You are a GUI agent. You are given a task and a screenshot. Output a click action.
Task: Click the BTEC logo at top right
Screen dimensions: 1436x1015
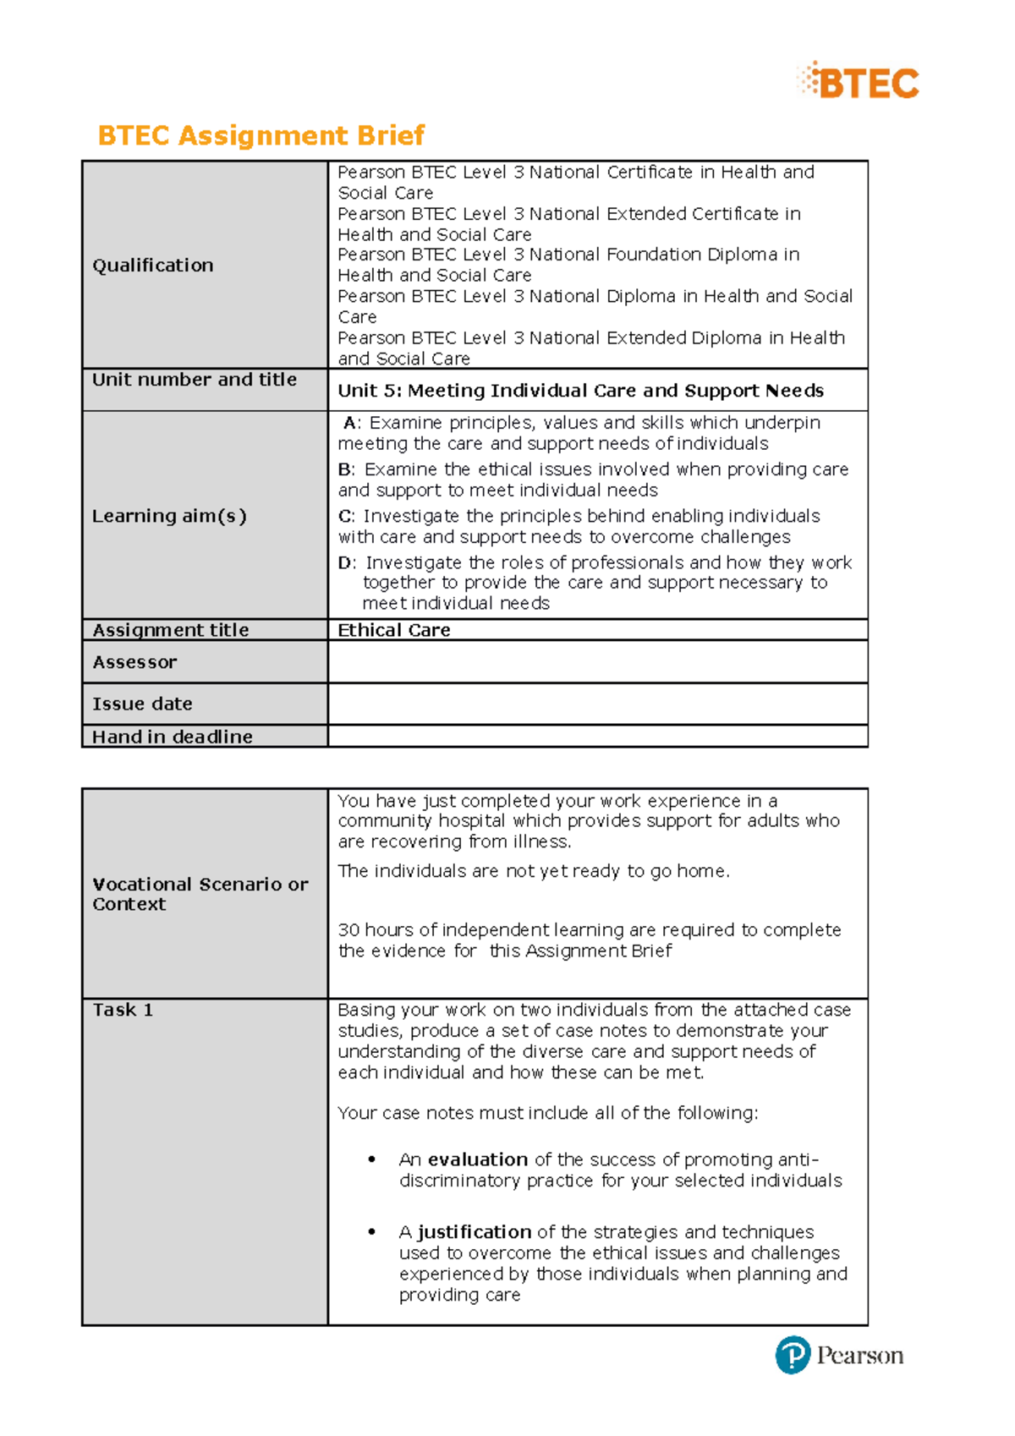pyautogui.click(x=858, y=82)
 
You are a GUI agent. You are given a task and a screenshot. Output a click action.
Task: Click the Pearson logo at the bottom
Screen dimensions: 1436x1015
pyautogui.click(x=839, y=1355)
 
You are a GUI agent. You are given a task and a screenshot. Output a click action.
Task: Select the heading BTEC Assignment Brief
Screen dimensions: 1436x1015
pyautogui.click(x=261, y=135)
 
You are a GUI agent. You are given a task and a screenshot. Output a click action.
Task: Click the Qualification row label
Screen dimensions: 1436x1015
pyautogui.click(x=152, y=266)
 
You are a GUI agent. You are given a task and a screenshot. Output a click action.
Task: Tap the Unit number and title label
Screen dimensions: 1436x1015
pyautogui.click(x=194, y=380)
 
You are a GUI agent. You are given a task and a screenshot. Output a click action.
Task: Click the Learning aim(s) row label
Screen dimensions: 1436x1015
pyautogui.click(x=169, y=516)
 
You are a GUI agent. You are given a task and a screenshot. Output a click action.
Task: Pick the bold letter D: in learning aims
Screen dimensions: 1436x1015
pyautogui.click(x=347, y=563)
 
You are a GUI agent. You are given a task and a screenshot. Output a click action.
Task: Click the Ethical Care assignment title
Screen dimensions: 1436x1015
pyautogui.click(x=393, y=630)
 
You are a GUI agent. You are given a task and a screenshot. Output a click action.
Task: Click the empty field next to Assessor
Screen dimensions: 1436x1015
pyautogui.click(x=596, y=662)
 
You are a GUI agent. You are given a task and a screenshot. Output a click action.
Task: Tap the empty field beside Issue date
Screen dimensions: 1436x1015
pyautogui.click(x=596, y=704)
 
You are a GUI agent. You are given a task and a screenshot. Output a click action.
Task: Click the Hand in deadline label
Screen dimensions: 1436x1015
pyautogui.click(x=172, y=737)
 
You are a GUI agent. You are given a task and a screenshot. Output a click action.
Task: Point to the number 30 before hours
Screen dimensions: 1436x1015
pyautogui.click(x=348, y=930)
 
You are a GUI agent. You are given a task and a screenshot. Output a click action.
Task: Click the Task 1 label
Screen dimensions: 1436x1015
pyautogui.click(x=123, y=1010)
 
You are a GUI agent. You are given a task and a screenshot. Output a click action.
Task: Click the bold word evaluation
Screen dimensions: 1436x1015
pyautogui.click(x=477, y=1159)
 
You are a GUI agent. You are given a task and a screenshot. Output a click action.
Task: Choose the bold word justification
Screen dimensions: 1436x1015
pyautogui.click(x=474, y=1232)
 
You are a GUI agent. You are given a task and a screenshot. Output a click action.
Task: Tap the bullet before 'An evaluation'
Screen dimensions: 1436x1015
pyautogui.click(x=371, y=1159)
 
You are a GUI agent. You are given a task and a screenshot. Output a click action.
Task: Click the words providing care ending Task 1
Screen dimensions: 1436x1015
pyautogui.click(x=459, y=1296)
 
